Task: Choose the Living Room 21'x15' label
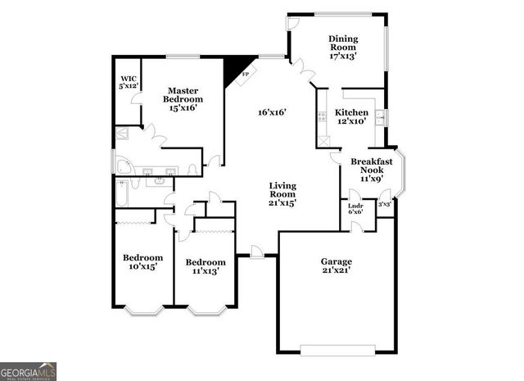click(282, 193)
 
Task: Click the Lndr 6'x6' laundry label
click(355, 208)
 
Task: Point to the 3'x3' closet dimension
click(384, 205)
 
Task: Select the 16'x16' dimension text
click(272, 112)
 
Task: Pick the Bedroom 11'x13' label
click(205, 266)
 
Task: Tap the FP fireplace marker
click(245, 74)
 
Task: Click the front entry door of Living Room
click(257, 256)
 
